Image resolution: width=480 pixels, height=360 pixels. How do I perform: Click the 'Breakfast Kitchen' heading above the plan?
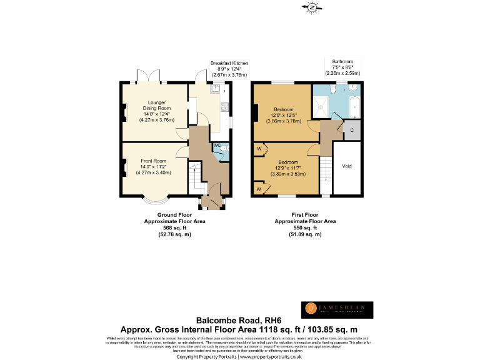pos(229,63)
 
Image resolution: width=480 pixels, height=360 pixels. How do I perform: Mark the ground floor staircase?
pos(195,178)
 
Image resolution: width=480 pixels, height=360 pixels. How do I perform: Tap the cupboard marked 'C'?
pos(352,131)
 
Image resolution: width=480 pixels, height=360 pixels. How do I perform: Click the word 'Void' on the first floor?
pos(346,167)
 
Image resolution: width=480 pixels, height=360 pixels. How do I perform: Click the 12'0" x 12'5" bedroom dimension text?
pos(284,114)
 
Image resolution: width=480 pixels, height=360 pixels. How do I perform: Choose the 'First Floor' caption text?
pos(306,214)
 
